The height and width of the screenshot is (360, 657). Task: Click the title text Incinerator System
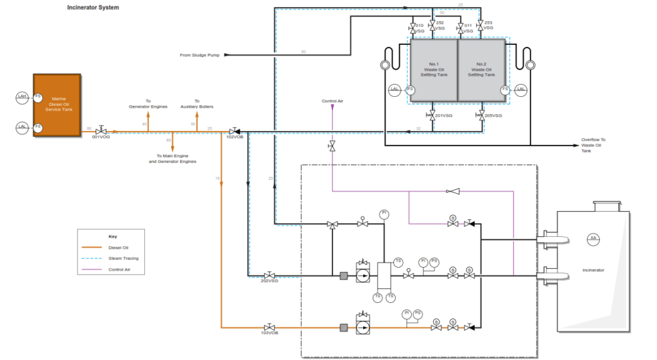click(x=93, y=8)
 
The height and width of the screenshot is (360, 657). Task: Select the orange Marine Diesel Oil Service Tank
click(x=57, y=104)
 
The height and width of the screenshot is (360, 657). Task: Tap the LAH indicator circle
click(x=22, y=96)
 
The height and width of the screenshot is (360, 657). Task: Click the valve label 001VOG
click(x=101, y=137)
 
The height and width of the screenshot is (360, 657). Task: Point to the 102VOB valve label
click(x=235, y=137)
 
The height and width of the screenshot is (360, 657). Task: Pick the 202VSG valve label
click(x=269, y=281)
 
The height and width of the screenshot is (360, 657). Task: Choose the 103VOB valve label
click(x=269, y=333)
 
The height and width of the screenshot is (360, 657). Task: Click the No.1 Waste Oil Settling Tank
click(x=433, y=69)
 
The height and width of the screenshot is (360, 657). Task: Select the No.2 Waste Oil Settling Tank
click(x=482, y=69)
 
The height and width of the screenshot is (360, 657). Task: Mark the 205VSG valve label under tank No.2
click(x=492, y=116)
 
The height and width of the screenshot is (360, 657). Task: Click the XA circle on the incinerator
click(x=593, y=238)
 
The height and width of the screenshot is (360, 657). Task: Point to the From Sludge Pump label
click(x=200, y=55)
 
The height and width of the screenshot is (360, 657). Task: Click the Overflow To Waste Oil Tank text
click(x=593, y=145)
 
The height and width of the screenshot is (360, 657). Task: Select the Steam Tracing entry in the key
click(x=123, y=258)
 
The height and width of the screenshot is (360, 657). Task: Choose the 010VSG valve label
click(x=419, y=28)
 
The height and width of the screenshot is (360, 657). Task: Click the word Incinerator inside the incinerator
click(x=593, y=270)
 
